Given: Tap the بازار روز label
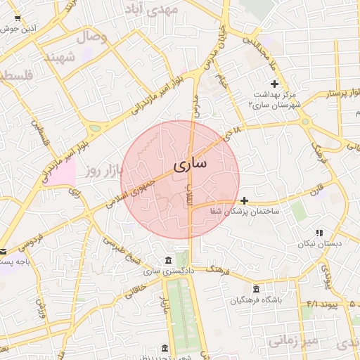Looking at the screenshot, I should tap(103, 171).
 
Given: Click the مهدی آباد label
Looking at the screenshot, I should tap(151, 10).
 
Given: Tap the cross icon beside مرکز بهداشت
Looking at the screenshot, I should tap(274, 84).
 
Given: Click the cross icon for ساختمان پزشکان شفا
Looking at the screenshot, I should tap(244, 200).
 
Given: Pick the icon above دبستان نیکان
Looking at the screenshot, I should tap(319, 233).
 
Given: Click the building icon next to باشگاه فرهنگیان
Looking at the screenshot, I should tap(255, 290).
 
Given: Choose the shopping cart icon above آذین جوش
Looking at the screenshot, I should tap(17, 18).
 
